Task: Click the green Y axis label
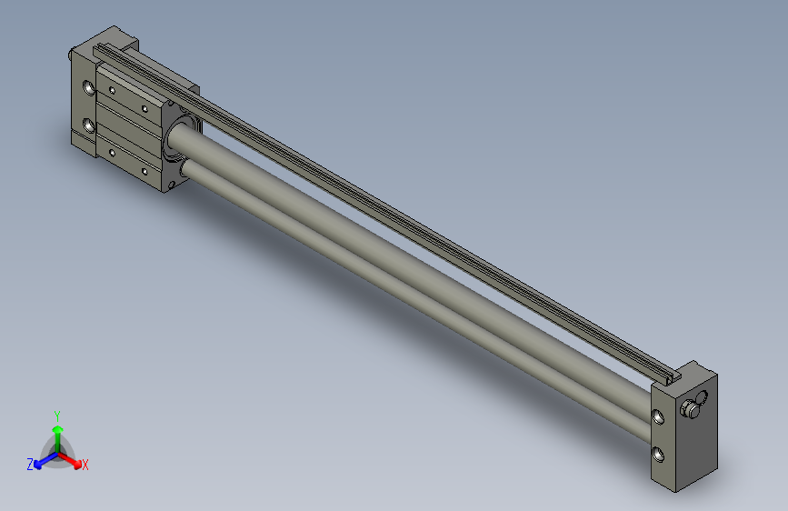click(x=57, y=415)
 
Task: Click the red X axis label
click(x=85, y=466)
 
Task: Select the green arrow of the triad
click(x=57, y=433)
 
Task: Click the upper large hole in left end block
click(x=88, y=89)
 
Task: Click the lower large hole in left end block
click(x=88, y=125)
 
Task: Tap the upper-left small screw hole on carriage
click(x=112, y=90)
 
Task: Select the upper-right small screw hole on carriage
click(x=145, y=107)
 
